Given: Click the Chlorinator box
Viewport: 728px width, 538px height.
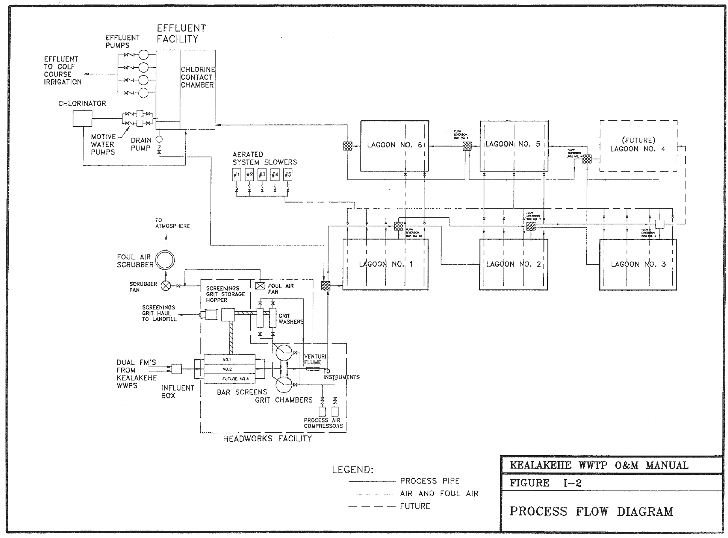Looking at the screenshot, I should click(83, 118).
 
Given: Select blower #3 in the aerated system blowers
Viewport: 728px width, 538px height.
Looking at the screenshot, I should click(262, 175).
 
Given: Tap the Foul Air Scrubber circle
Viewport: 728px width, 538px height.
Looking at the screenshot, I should click(165, 260).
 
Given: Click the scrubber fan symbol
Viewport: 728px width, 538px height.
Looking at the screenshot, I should click(166, 286).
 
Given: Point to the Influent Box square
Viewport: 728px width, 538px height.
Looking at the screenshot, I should click(176, 369).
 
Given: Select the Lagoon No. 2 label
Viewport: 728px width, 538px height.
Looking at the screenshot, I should click(513, 264).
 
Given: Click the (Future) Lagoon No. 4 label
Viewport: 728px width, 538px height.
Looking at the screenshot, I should click(638, 145).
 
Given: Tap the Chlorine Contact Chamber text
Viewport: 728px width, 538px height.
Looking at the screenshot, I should click(197, 77).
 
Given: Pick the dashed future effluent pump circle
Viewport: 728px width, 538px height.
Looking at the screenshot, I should click(143, 93).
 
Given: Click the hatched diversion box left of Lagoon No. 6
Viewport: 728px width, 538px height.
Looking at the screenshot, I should click(347, 146).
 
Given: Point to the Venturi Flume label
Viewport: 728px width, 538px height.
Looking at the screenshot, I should click(312, 359).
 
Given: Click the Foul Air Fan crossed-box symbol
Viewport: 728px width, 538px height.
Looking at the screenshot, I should click(260, 286).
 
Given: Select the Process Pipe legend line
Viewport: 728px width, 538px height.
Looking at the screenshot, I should click(372, 481).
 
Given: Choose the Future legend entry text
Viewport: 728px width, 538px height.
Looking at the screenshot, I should click(415, 506).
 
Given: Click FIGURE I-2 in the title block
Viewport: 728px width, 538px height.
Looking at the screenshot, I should click(546, 483).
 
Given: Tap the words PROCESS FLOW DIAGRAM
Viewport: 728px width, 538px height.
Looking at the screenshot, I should click(591, 512).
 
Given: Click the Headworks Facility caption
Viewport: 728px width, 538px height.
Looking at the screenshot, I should click(267, 439).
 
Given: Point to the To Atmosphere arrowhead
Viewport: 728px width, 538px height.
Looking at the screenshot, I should click(165, 237).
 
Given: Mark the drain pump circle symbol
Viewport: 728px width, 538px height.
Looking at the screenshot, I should click(159, 139).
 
